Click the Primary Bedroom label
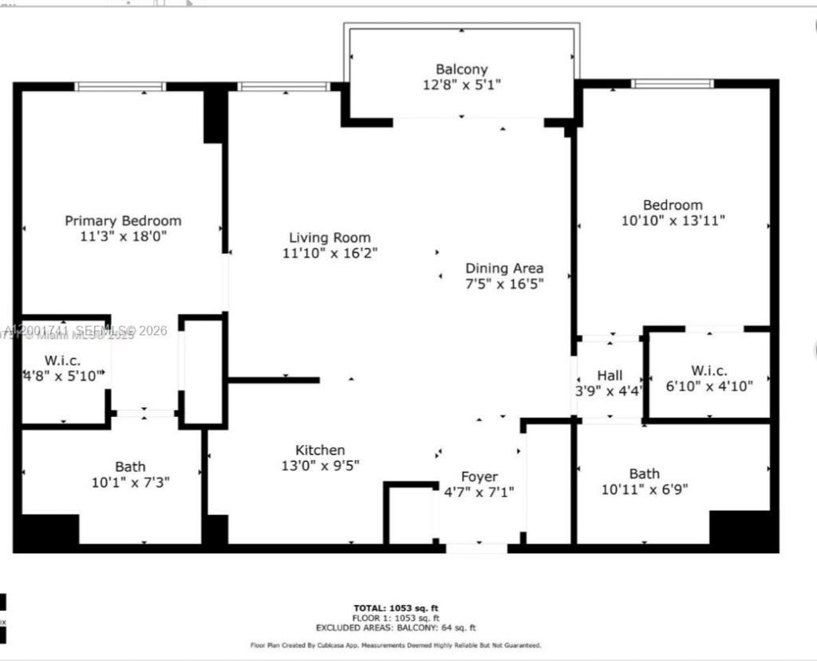[x=123, y=220]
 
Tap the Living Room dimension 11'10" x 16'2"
[x=330, y=254]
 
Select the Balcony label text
[x=461, y=69]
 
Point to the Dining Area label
[x=504, y=268]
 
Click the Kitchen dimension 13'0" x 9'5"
[x=320, y=466]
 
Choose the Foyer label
[x=479, y=477]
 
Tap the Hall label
[x=610, y=375]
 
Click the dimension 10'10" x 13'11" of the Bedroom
[x=673, y=220]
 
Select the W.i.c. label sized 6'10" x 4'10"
[x=708, y=370]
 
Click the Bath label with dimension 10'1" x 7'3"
[x=130, y=466]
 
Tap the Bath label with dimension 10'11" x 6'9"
[x=644, y=473]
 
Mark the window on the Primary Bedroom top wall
[x=121, y=86]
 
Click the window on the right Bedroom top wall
[x=672, y=83]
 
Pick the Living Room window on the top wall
[x=283, y=86]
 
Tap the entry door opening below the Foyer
[x=476, y=549]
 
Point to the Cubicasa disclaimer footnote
[x=396, y=645]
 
